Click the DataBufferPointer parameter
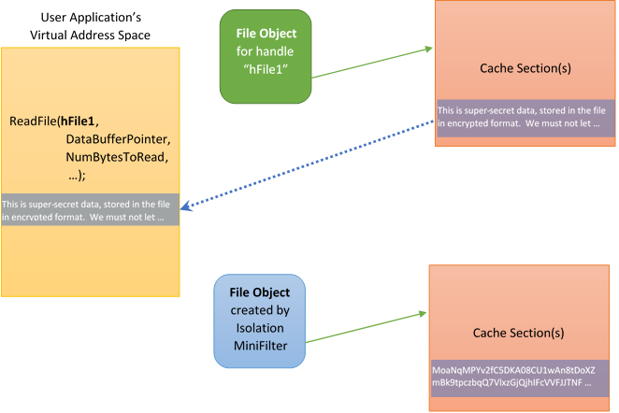click(x=118, y=139)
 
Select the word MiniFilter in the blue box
click(x=260, y=345)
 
